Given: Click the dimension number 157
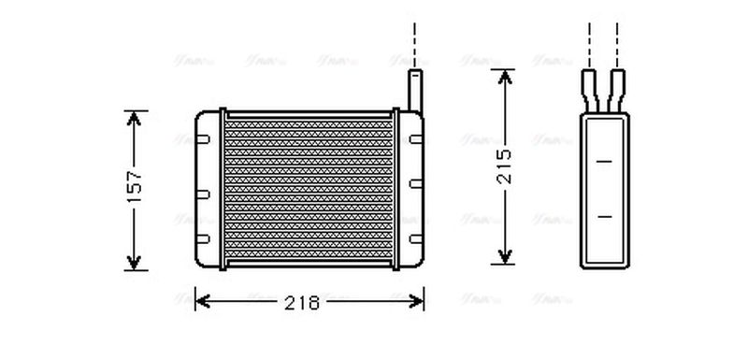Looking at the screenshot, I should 136,188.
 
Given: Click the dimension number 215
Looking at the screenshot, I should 505,167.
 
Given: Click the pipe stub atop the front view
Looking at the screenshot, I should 414,89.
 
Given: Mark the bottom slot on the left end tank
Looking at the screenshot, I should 203,246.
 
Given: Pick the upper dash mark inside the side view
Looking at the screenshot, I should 604,162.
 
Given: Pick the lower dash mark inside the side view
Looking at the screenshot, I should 604,217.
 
